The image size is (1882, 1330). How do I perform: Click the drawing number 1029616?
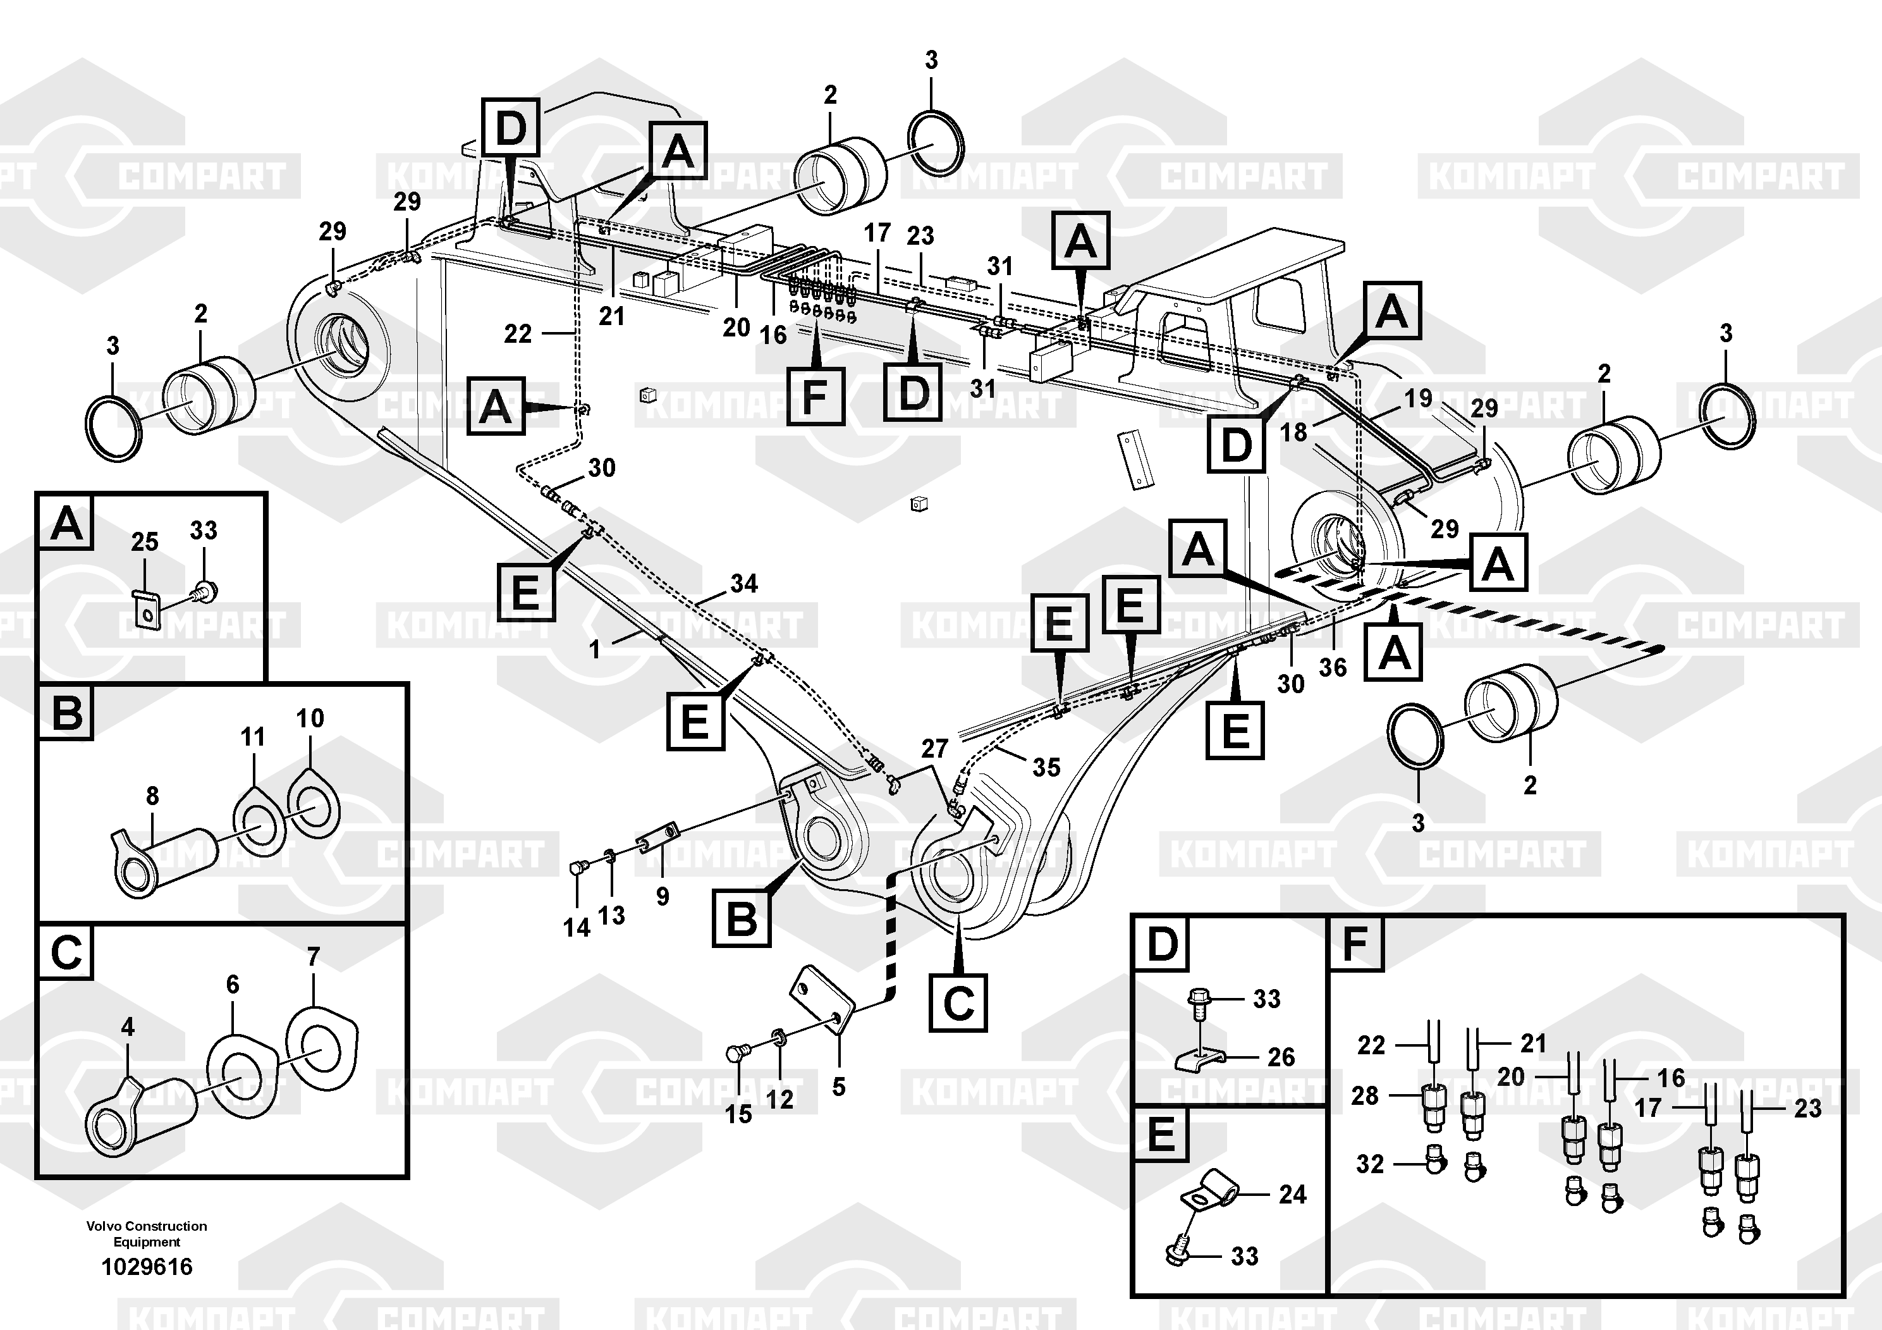147,1267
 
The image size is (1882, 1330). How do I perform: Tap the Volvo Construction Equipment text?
147,1233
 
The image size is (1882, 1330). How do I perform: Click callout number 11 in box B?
252,737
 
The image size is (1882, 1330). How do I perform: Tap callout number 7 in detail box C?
313,957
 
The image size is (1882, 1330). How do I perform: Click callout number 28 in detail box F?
1365,1095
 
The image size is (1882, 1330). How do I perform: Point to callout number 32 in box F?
1370,1164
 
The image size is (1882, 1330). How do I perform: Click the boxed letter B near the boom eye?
741,918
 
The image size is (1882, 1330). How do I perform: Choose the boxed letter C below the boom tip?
958,1002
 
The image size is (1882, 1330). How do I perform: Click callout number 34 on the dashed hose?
743,584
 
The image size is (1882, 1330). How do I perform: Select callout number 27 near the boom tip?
934,749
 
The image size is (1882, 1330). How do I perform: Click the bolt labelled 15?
736,1053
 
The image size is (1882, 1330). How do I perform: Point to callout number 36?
1333,667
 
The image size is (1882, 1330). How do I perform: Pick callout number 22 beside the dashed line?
517,334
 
